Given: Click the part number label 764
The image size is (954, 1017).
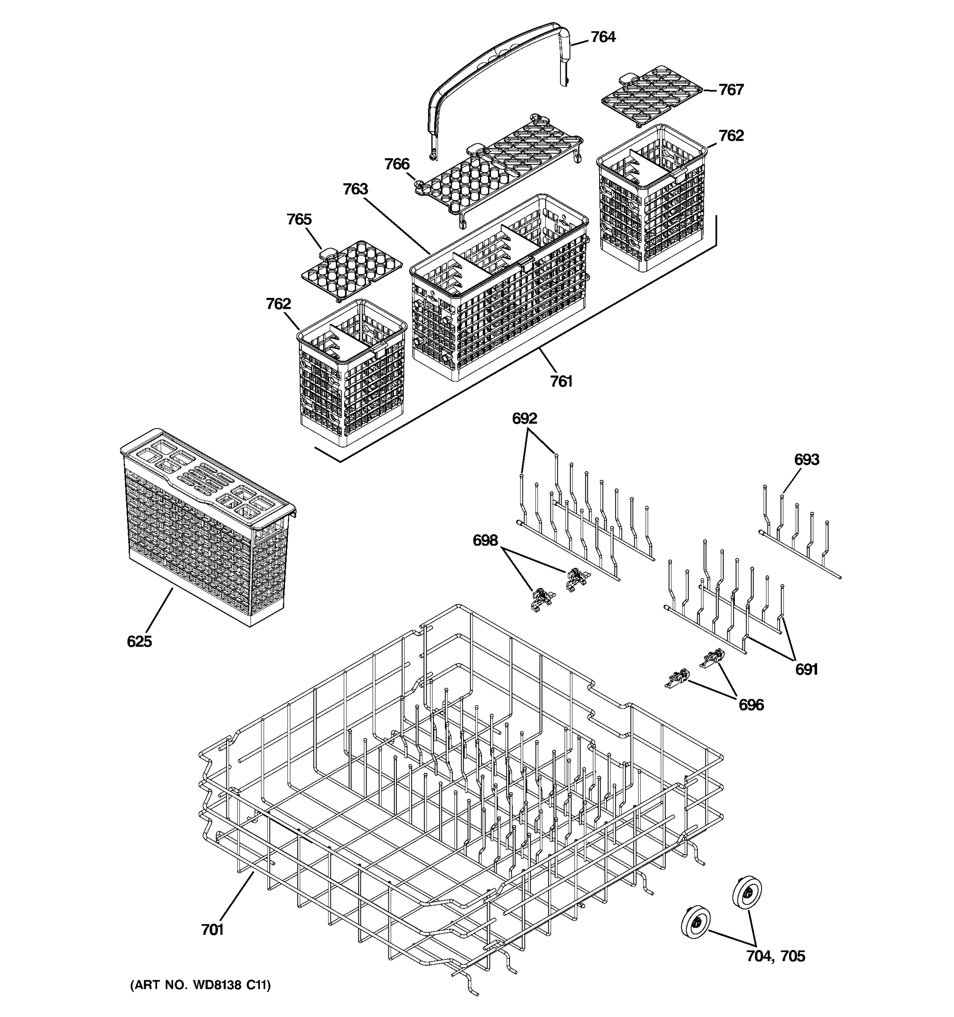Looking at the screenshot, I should click(x=603, y=37).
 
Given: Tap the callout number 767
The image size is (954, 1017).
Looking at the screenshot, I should click(x=731, y=90).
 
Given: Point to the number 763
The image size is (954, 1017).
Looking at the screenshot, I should click(x=355, y=189).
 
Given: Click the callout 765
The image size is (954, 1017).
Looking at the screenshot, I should click(x=299, y=220).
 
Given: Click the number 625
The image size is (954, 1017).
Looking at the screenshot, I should click(x=139, y=642).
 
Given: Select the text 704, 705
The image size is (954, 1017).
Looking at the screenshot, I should click(x=775, y=956).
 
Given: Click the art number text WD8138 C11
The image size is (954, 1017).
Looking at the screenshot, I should click(x=200, y=985).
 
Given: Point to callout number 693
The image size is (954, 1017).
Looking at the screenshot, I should click(x=806, y=460).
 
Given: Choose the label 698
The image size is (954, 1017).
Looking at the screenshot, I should click(x=485, y=540).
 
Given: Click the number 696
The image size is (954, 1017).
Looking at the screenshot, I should click(x=751, y=706).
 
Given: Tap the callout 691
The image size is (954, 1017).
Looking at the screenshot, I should click(x=806, y=669).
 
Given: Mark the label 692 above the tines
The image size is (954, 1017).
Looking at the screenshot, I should click(x=524, y=419).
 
